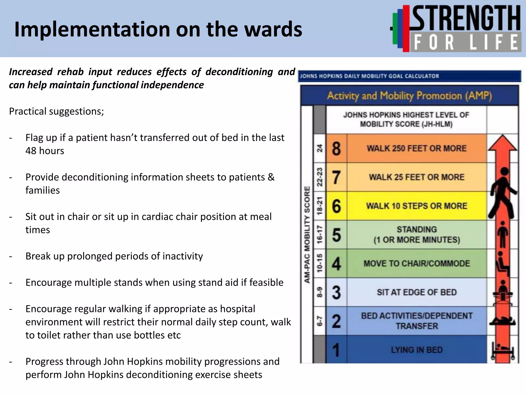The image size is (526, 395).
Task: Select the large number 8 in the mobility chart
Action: (336, 149)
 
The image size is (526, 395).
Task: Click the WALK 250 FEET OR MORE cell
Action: (416, 149)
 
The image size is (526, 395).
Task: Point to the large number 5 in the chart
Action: (336, 235)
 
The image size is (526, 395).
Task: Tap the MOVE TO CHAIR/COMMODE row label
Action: (416, 264)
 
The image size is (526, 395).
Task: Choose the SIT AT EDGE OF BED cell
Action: (416, 292)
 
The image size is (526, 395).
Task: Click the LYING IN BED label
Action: (416, 350)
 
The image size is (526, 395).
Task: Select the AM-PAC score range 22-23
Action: (319, 177)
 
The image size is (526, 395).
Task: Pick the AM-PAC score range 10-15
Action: (319, 263)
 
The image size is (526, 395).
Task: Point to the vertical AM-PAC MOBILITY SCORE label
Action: (307, 235)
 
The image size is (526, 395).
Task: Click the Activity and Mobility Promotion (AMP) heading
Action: (409, 96)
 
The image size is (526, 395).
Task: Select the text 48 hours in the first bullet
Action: (45, 151)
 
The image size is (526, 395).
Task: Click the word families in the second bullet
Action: (43, 191)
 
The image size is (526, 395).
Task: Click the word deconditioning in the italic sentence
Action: (239, 72)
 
